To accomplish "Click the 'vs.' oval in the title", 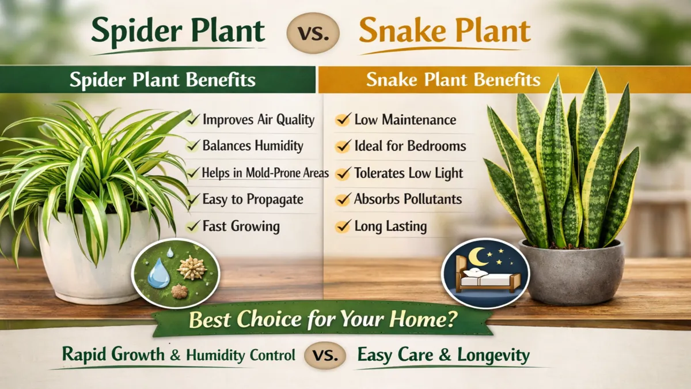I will tap(313, 32).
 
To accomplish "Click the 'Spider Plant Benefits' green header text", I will tap(162, 80).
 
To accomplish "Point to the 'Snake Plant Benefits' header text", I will tap(453, 80).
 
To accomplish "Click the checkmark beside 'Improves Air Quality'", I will tap(193, 119).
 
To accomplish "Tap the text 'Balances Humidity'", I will tap(252, 146).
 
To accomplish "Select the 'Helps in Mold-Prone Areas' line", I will tap(265, 173).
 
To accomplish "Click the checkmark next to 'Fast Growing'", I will tap(193, 225).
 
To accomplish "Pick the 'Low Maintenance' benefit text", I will tap(405, 120).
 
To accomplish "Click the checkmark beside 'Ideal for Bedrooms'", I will tap(344, 146).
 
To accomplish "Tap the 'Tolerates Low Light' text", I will tap(408, 173).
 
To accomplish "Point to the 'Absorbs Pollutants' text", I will tap(408, 199).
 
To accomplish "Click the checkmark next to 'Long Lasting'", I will tap(344, 226).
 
